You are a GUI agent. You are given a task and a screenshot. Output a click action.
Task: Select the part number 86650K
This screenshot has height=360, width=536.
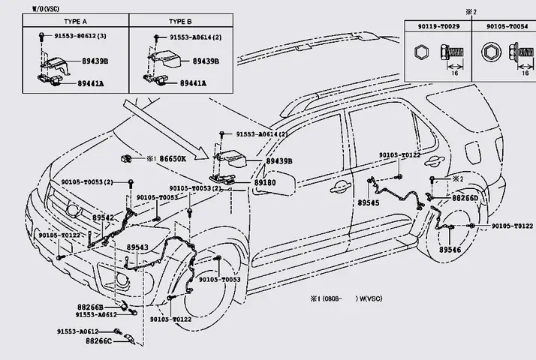[x=173, y=159]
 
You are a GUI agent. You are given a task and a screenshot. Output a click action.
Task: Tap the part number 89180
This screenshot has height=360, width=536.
[x=264, y=182]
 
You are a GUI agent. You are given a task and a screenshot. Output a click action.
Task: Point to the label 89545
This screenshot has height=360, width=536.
[x=368, y=203]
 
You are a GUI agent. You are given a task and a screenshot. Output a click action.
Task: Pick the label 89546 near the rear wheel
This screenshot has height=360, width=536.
[x=450, y=249]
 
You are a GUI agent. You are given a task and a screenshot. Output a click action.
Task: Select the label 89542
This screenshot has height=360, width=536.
[x=103, y=217]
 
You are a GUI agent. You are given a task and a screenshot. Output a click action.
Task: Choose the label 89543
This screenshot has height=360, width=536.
[x=137, y=247]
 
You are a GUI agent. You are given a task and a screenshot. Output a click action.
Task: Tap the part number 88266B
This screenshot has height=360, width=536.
[x=90, y=306]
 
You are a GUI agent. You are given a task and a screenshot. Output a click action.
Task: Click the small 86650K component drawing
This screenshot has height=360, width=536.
[x=127, y=158]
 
